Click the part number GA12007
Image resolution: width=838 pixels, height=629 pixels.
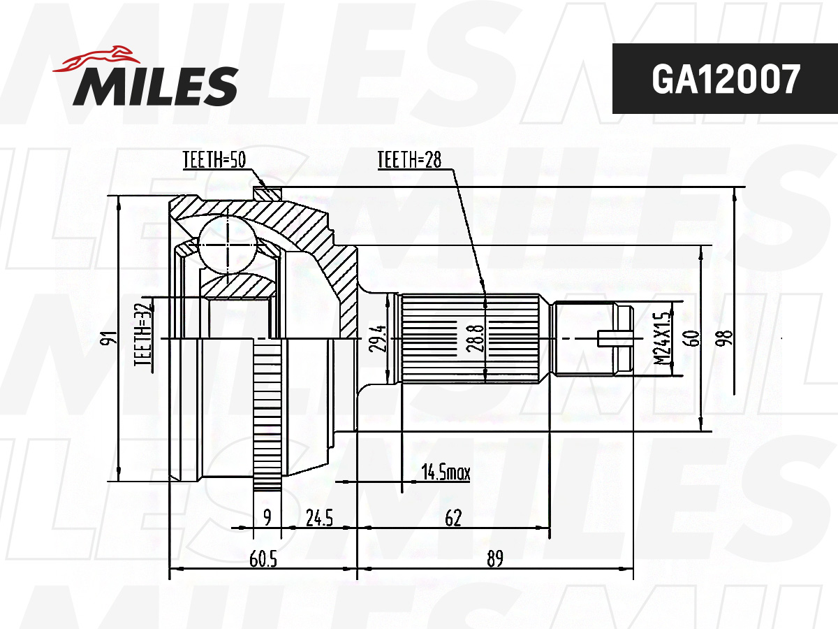[726, 80]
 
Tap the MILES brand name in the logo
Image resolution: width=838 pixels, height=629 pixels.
[156, 86]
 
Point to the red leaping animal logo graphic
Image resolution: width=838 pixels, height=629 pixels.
[96, 59]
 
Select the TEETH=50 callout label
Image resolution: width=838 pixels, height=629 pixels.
[214, 159]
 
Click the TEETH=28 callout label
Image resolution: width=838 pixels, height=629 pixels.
[409, 159]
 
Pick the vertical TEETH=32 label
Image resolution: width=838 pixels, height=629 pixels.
[143, 335]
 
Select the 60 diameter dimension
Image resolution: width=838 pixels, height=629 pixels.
[693, 338]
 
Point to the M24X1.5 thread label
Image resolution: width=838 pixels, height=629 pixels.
[662, 338]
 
